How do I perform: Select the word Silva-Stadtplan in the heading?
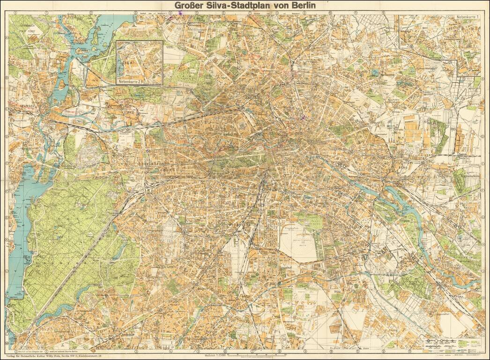[x=243, y=6]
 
